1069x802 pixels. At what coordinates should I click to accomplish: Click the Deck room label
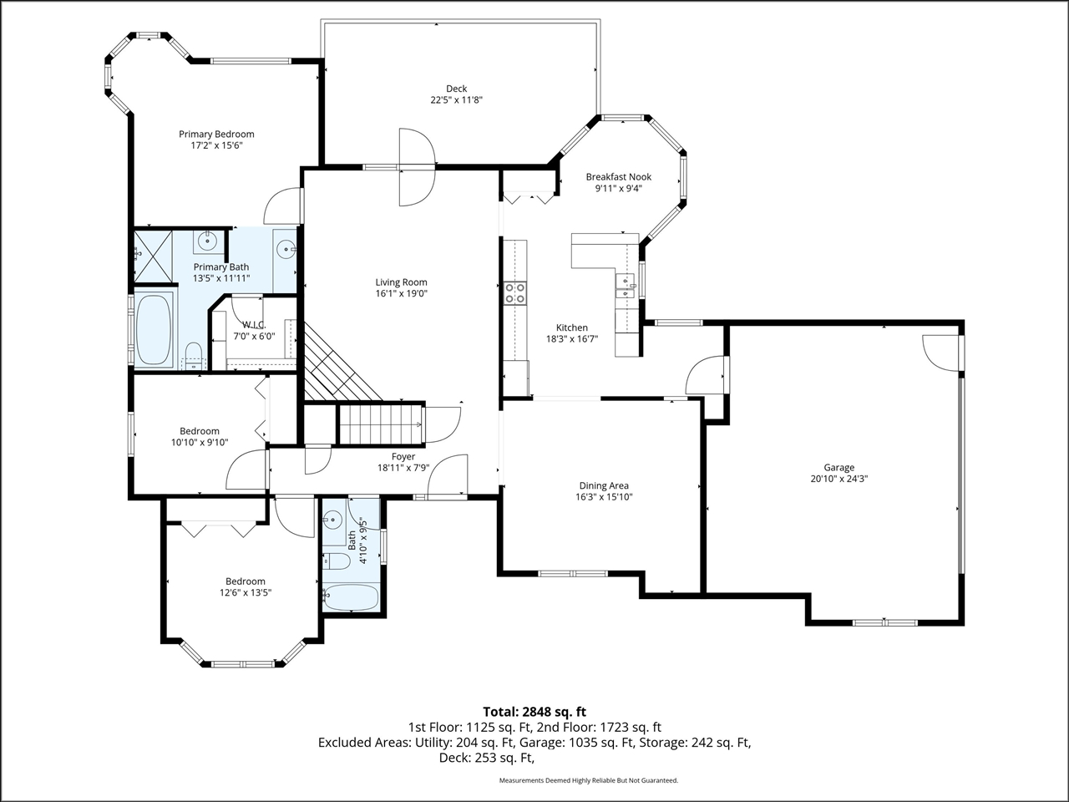click(x=456, y=89)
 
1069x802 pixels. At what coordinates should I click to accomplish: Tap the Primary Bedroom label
click(x=216, y=134)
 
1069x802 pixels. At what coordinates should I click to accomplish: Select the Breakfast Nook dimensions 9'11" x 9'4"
click(x=619, y=189)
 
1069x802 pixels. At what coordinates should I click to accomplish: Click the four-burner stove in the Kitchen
click(x=515, y=292)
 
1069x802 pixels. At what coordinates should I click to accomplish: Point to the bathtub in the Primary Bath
click(x=154, y=329)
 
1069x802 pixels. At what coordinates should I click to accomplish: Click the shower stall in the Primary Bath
click(x=153, y=256)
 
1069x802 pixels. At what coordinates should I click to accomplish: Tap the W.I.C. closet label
click(x=254, y=325)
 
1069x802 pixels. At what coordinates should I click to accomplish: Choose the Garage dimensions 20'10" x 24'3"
click(x=839, y=479)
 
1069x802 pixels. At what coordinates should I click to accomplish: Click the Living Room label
click(x=402, y=282)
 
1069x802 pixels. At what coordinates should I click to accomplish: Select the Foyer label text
click(x=403, y=456)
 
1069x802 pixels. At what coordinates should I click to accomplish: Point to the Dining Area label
click(x=604, y=485)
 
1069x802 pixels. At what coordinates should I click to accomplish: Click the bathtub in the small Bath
click(x=351, y=597)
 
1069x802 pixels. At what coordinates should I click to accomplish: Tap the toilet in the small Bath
click(x=337, y=561)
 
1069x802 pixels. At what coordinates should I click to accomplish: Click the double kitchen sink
click(x=626, y=287)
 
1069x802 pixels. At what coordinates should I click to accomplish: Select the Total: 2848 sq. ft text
click(x=534, y=712)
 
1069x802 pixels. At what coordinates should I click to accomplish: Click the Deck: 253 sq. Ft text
click(x=487, y=758)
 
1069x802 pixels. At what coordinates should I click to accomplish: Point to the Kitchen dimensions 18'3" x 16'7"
click(x=572, y=339)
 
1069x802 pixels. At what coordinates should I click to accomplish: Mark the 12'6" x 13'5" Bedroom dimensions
click(x=246, y=592)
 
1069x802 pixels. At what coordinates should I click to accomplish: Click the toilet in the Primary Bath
click(x=194, y=354)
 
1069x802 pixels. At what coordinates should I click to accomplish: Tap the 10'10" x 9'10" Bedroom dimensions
click(x=200, y=442)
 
